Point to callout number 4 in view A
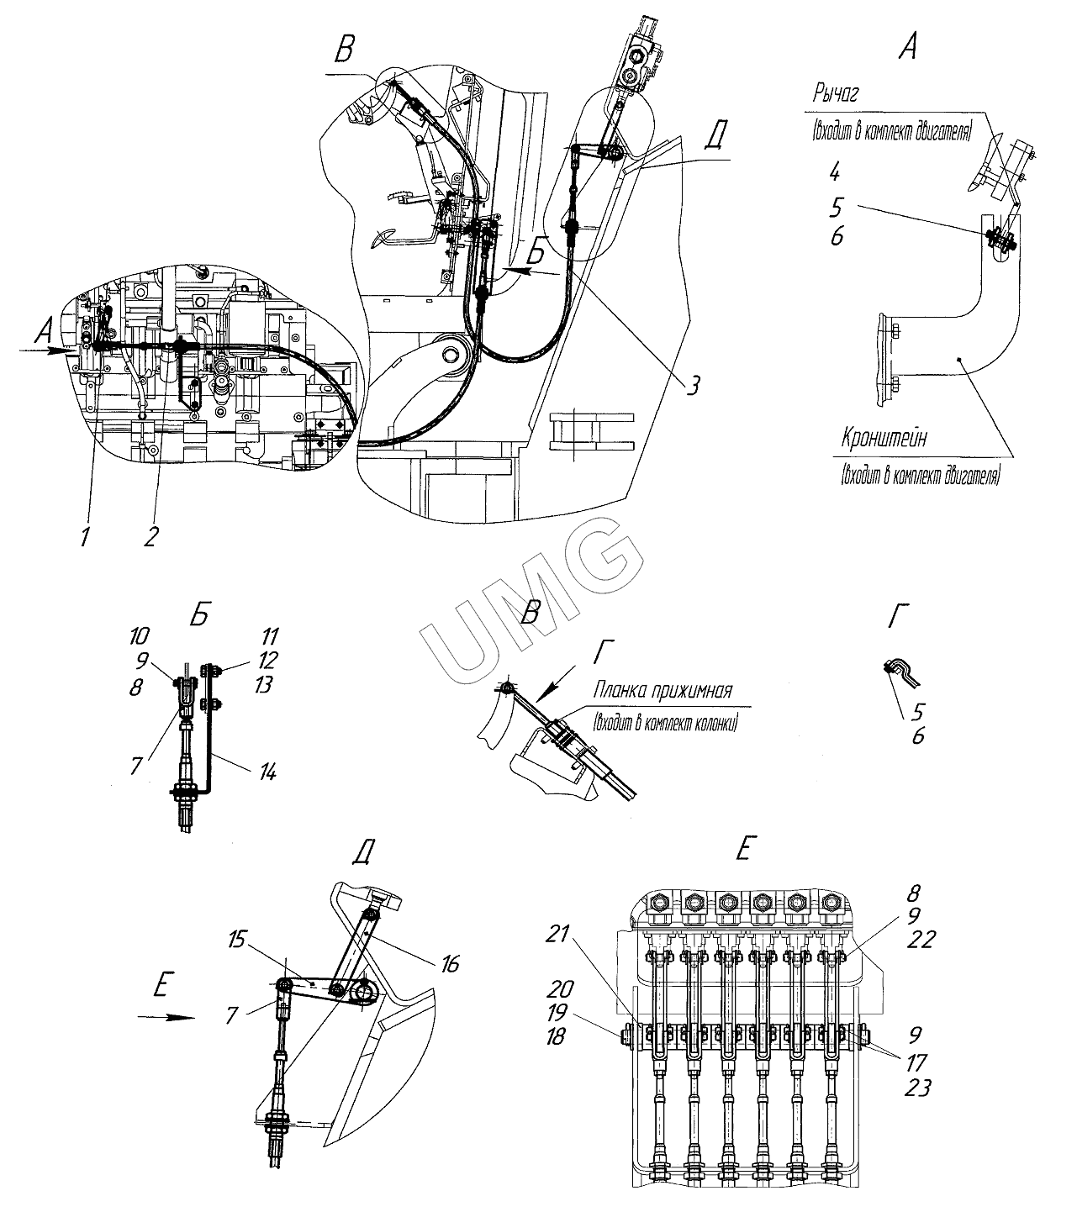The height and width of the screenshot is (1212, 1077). (835, 173)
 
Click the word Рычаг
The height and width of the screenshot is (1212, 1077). (836, 94)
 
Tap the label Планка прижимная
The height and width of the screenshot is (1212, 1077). (663, 691)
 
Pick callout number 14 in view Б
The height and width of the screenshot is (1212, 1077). (267, 772)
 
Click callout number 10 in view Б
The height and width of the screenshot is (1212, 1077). (138, 635)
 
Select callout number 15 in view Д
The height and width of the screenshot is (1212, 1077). (236, 939)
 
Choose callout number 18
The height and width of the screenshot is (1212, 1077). (556, 1036)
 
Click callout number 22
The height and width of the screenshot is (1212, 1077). (921, 939)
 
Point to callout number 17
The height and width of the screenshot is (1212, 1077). (916, 1062)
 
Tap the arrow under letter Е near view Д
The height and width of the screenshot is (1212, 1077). (166, 1017)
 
